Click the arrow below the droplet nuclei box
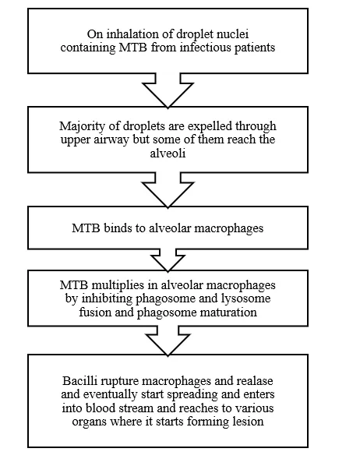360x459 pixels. tap(168, 90)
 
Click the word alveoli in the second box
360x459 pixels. tap(168, 153)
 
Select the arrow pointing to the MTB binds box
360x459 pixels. tap(168, 190)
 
